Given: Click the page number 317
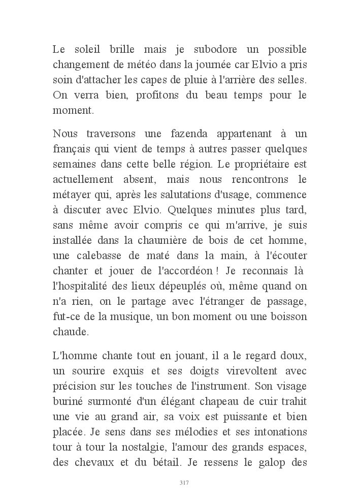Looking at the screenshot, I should (184, 483).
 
